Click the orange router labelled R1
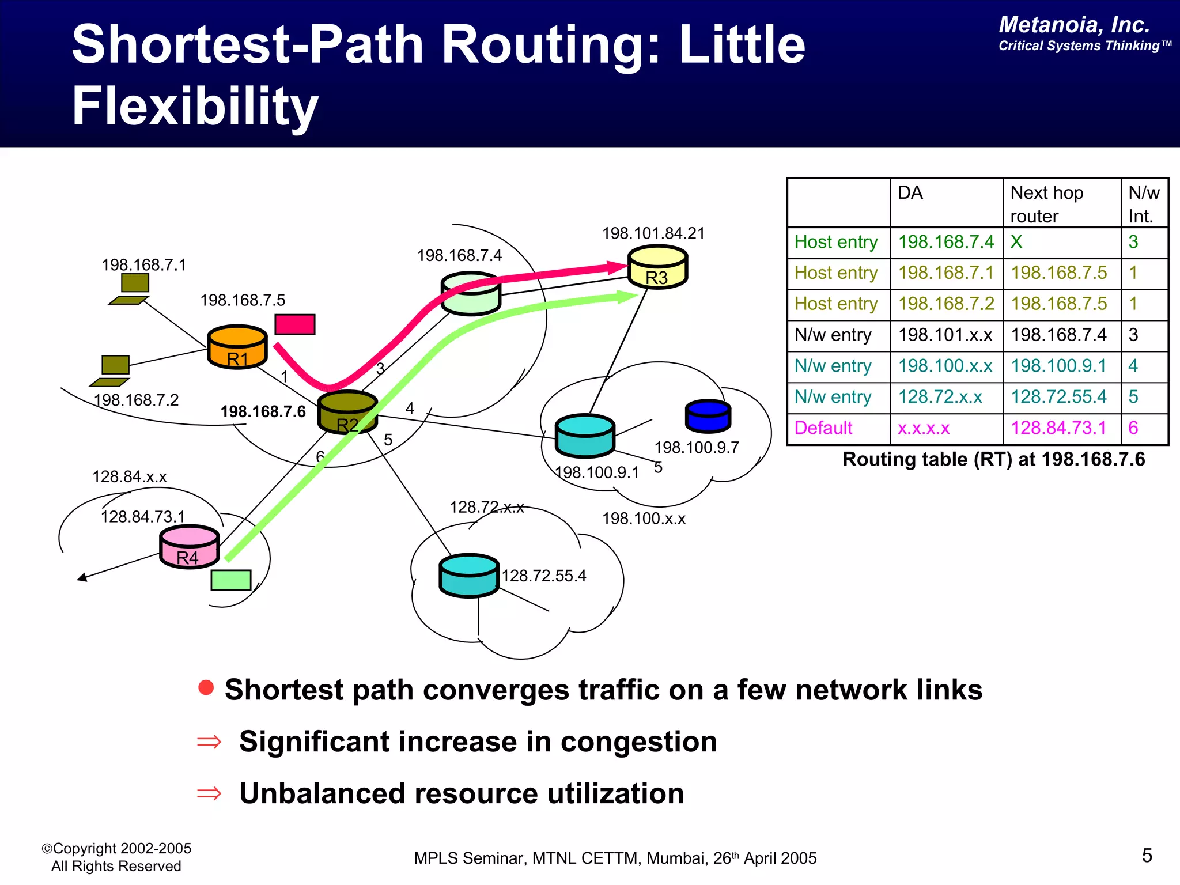pos(237,347)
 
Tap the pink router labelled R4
pos(189,547)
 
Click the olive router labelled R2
pos(347,413)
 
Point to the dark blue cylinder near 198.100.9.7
pos(708,416)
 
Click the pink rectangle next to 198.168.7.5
pos(295,324)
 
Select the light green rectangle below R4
pos(231,580)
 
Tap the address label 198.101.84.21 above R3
pos(653,233)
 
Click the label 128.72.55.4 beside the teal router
pos(543,576)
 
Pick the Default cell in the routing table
pos(823,428)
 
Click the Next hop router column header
pos(1047,204)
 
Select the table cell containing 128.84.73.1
pos(1058,428)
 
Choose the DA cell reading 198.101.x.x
pos(945,335)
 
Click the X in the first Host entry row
pos(1016,241)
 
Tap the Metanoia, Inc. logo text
pos(1074,25)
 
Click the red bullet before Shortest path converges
pos(206,687)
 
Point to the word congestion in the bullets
pos(638,742)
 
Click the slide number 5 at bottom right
pos(1147,856)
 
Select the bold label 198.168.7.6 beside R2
pos(263,411)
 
